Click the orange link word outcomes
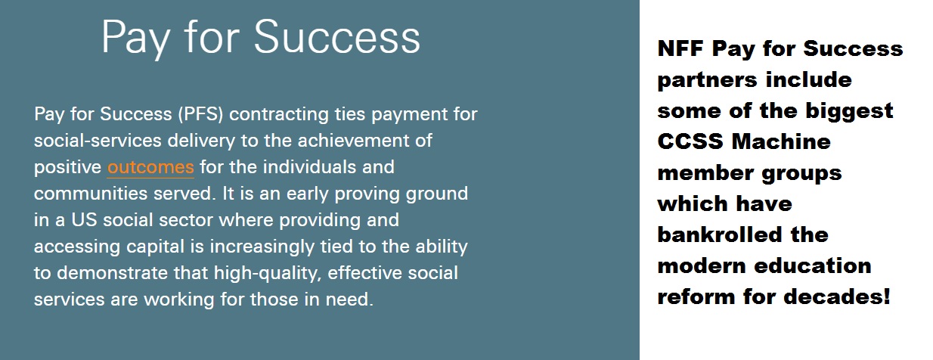click(x=150, y=167)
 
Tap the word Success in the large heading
click(x=337, y=38)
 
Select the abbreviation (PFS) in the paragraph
click(x=200, y=114)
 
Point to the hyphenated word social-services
click(x=98, y=141)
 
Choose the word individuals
click(x=309, y=166)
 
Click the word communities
click(x=91, y=194)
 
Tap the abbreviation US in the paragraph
click(x=84, y=220)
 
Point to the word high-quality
click(x=268, y=274)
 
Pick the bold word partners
click(x=707, y=80)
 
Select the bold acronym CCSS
click(x=690, y=141)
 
